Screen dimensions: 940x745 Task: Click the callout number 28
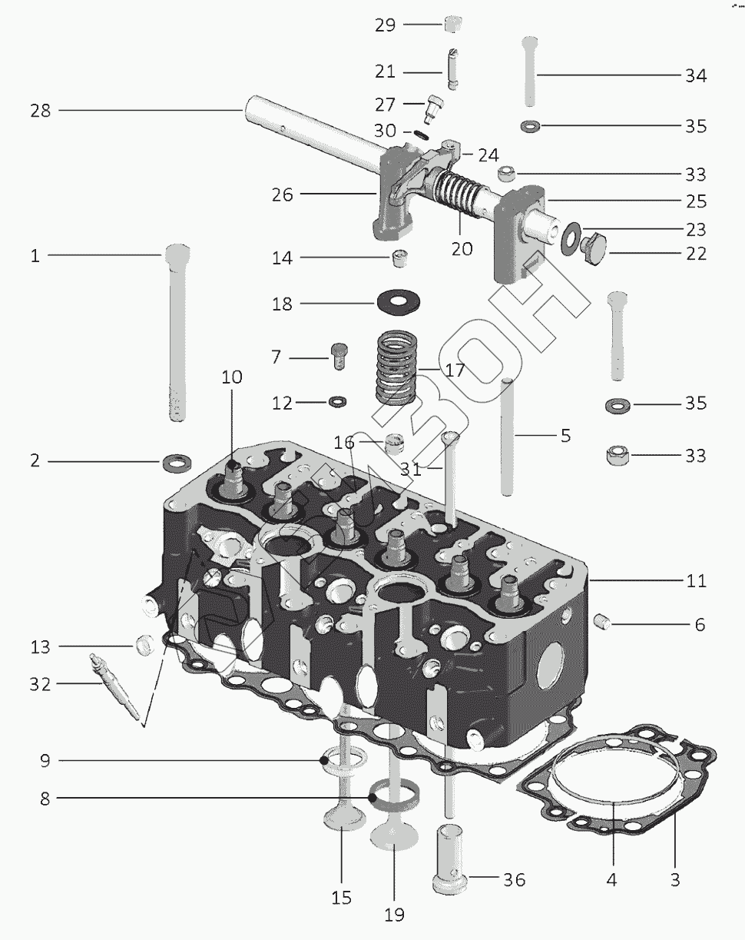40,111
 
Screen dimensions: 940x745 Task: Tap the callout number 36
514,880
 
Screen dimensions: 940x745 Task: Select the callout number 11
696,581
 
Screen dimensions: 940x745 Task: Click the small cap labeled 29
454,23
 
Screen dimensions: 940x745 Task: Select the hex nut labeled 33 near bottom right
618,455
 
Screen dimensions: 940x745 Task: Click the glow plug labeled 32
115,684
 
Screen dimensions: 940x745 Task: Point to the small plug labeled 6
604,620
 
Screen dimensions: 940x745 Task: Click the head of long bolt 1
177,254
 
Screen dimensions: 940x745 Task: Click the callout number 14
283,259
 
